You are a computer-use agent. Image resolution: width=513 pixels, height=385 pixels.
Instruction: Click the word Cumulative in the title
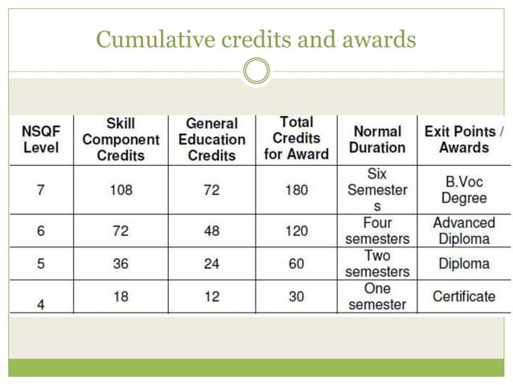click(x=155, y=39)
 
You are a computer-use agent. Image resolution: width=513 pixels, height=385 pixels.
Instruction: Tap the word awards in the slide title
click(x=379, y=39)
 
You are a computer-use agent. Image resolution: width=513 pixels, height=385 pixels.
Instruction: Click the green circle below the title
click(x=256, y=71)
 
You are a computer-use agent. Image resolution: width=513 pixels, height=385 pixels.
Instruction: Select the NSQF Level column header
click(x=41, y=139)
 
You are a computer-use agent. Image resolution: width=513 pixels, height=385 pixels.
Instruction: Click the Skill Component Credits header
click(x=121, y=139)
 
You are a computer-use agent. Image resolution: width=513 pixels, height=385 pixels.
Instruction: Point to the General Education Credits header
click(x=212, y=139)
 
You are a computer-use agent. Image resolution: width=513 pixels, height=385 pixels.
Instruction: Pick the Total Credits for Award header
click(x=297, y=139)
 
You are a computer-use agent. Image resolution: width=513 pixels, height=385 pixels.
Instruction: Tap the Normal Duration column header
click(x=377, y=139)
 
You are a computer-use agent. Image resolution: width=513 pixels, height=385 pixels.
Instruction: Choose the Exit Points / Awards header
click(x=464, y=139)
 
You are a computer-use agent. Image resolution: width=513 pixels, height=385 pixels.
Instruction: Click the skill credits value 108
click(x=121, y=190)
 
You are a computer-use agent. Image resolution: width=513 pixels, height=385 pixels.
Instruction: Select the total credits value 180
click(x=297, y=190)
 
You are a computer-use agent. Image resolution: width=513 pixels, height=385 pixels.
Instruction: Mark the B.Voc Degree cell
click(x=464, y=190)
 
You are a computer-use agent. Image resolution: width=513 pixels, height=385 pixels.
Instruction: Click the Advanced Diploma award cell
click(x=464, y=230)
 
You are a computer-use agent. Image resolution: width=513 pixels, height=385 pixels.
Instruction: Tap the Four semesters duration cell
click(x=377, y=230)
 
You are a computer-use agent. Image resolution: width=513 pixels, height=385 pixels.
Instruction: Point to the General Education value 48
click(x=211, y=231)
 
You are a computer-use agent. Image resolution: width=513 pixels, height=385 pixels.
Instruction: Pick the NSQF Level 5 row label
click(x=40, y=263)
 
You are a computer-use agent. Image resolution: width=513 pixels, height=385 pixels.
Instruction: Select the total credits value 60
click(x=297, y=263)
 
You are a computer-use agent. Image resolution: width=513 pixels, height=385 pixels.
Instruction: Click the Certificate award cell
click(x=464, y=296)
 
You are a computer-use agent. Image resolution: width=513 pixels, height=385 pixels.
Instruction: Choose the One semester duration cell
click(x=377, y=296)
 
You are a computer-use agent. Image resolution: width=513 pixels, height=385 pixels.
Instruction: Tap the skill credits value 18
click(x=121, y=296)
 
